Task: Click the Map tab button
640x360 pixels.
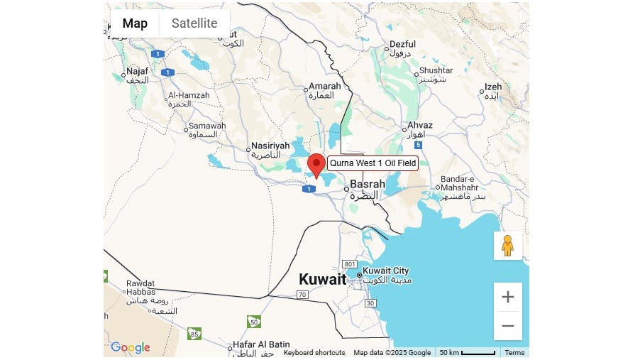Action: click(x=135, y=23)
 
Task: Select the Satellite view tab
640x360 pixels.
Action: click(x=194, y=23)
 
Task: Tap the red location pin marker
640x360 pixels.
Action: click(x=316, y=164)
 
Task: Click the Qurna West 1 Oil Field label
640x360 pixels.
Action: click(x=373, y=163)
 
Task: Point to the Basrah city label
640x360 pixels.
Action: click(x=368, y=184)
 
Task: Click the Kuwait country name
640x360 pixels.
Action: click(x=322, y=279)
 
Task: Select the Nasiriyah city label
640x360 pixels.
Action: click(x=271, y=146)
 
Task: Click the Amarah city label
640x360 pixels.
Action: click(x=325, y=87)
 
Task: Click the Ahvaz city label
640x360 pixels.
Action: click(x=420, y=126)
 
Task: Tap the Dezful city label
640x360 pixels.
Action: click(x=403, y=45)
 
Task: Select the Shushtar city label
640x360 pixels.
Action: click(x=436, y=70)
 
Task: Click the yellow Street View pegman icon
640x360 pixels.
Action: click(x=507, y=245)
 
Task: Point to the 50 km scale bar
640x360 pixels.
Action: click(x=467, y=352)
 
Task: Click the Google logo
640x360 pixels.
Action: click(x=131, y=347)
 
